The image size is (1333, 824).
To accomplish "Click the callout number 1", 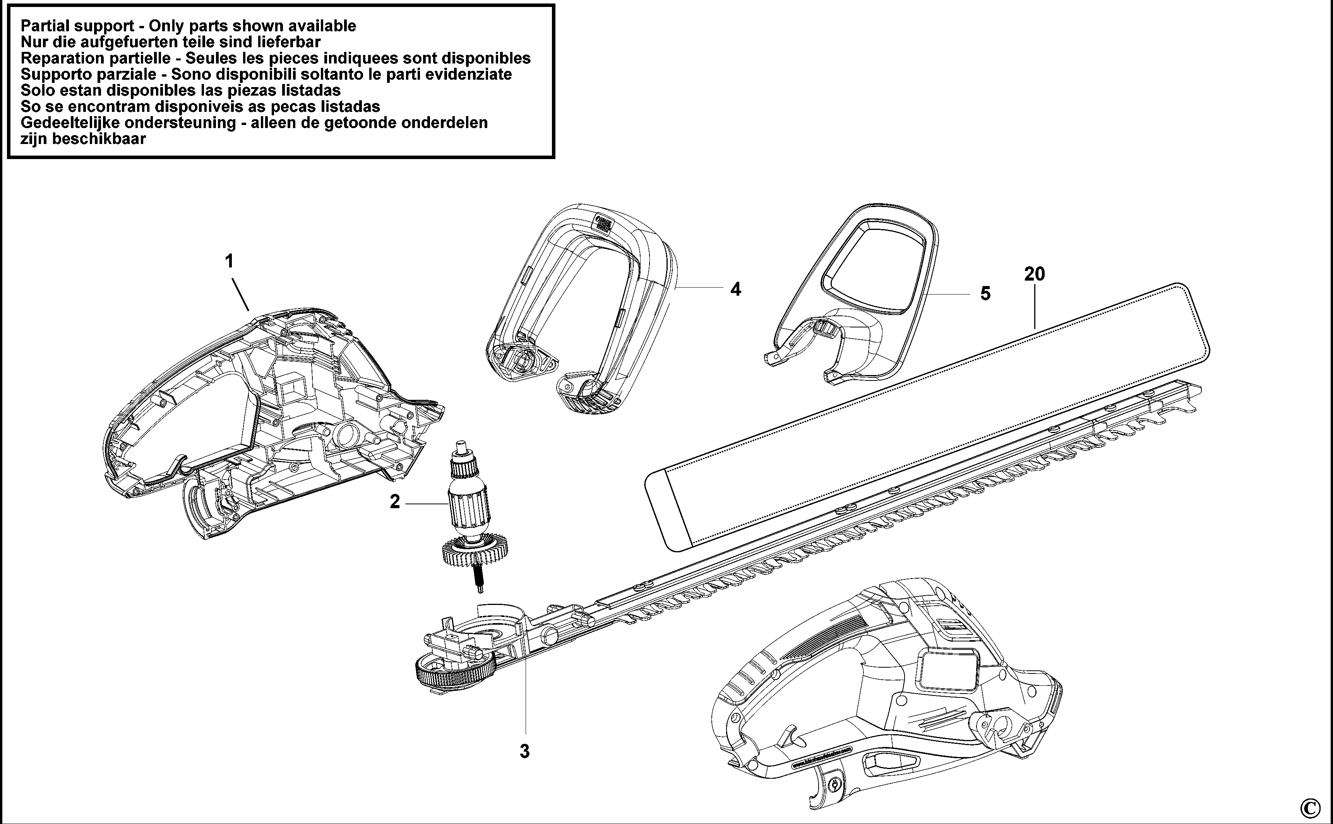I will pos(230,262).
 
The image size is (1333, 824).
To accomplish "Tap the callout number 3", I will pos(524,752).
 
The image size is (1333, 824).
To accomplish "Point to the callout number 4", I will pos(736,290).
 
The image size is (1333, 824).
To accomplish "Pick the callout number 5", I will pos(985,294).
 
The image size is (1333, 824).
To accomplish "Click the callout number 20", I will pos(1034,274).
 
